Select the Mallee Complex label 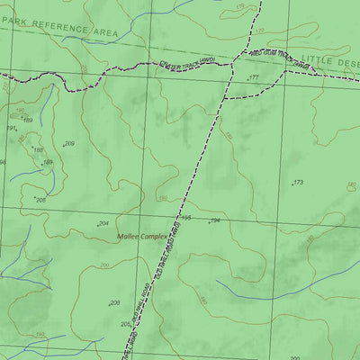[143, 238]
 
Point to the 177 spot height [253, 78]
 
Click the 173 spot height [299, 183]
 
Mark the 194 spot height [215, 220]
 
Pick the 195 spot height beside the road [186, 218]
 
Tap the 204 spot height [103, 223]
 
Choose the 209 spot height [69, 144]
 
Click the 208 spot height [114, 303]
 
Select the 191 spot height [11, 129]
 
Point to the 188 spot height [38, 150]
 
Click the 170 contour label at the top [238, 7]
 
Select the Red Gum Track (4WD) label [267, 57]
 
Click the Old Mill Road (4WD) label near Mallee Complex [164, 256]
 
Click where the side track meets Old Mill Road [222, 97]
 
